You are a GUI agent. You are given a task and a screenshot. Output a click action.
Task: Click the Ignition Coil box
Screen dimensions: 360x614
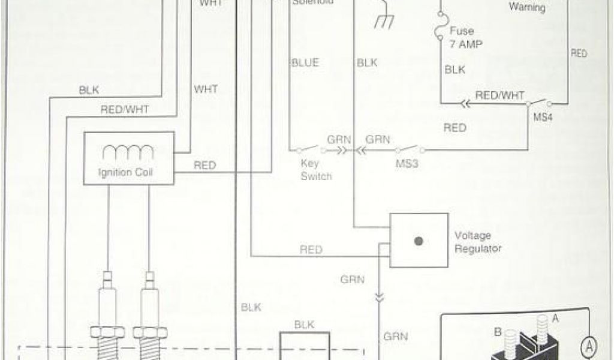point(129,157)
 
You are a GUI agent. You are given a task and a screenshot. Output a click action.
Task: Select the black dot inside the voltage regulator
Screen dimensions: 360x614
point(419,241)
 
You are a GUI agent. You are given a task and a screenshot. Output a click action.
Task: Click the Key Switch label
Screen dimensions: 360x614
point(317,169)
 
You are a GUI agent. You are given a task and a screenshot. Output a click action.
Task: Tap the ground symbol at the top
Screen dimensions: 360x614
point(383,20)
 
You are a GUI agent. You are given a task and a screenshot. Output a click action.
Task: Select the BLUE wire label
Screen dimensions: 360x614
point(305,62)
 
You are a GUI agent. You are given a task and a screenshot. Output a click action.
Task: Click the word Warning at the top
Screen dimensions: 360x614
point(527,8)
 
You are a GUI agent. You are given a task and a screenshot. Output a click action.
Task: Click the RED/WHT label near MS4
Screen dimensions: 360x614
point(500,95)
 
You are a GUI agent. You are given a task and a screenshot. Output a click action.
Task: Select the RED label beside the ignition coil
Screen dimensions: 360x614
point(204,166)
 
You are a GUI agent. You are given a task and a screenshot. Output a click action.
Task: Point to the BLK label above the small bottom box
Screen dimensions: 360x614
point(305,324)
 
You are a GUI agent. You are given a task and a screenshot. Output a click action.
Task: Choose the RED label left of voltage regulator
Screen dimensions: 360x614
point(311,250)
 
